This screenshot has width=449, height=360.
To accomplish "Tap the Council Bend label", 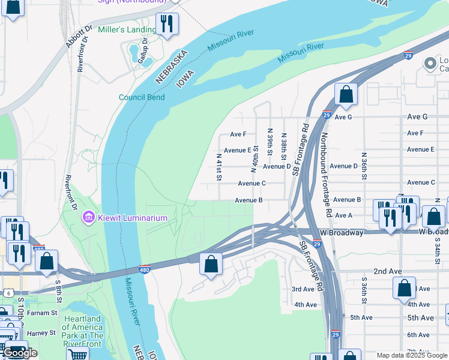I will [142, 97].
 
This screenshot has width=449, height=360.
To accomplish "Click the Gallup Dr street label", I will [143, 55].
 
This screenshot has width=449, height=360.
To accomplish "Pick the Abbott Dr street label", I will [79, 37].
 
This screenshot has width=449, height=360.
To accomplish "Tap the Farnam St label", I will [41, 313].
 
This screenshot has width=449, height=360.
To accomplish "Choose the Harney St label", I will [41, 332].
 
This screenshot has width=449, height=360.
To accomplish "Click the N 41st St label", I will [219, 167].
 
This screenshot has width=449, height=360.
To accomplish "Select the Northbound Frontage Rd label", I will [326, 175].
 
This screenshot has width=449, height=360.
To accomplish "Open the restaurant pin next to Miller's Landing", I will [166, 23].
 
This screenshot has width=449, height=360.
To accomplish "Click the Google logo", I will [20, 353].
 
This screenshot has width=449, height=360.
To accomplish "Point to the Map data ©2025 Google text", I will [412, 355].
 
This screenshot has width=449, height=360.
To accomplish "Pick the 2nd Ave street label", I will [387, 271].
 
